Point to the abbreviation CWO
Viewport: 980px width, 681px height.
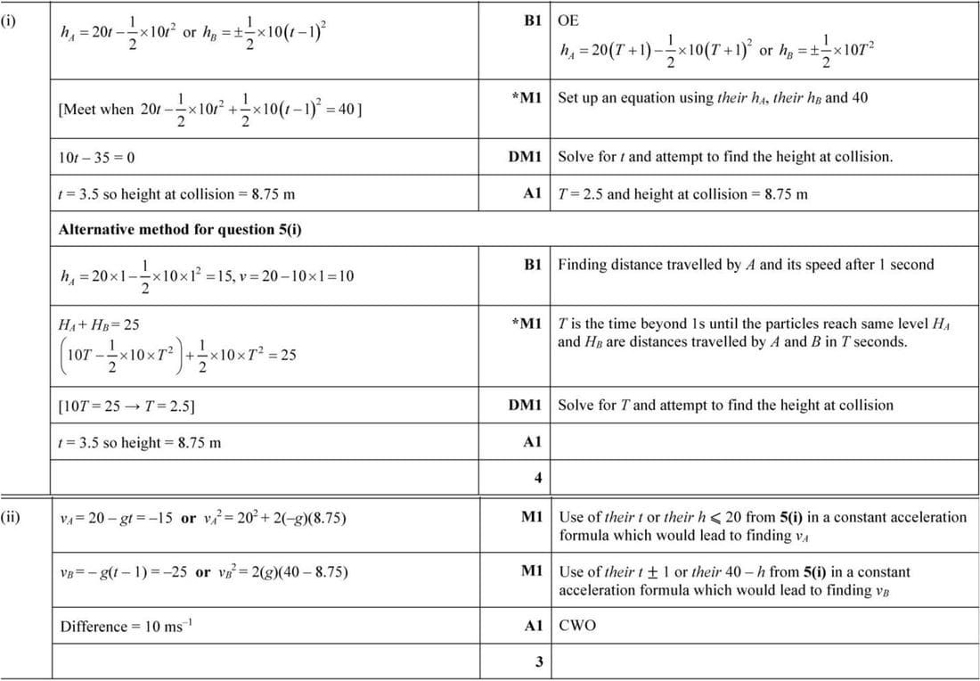coord(577,626)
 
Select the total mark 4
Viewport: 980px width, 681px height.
coord(537,478)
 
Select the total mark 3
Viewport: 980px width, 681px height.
coord(537,661)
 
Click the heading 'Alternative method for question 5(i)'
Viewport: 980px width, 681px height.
coord(180,229)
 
